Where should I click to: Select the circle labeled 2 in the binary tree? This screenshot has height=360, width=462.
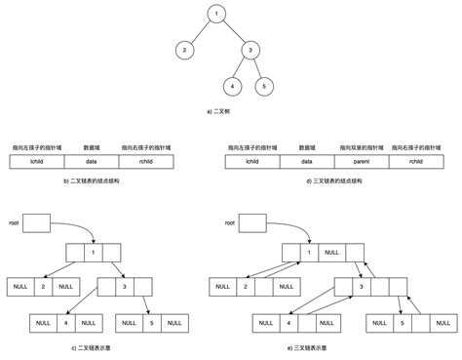(182, 50)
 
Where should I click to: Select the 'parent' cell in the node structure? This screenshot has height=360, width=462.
(362, 160)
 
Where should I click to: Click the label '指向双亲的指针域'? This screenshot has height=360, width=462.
(362, 146)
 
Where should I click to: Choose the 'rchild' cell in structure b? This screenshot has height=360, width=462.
(146, 160)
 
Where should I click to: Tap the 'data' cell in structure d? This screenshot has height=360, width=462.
(306, 160)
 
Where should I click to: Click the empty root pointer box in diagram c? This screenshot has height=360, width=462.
(35, 223)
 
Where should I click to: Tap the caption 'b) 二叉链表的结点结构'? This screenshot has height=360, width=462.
(91, 182)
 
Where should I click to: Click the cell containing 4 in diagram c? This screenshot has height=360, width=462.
(63, 321)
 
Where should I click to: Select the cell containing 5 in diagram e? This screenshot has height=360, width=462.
(400, 322)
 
